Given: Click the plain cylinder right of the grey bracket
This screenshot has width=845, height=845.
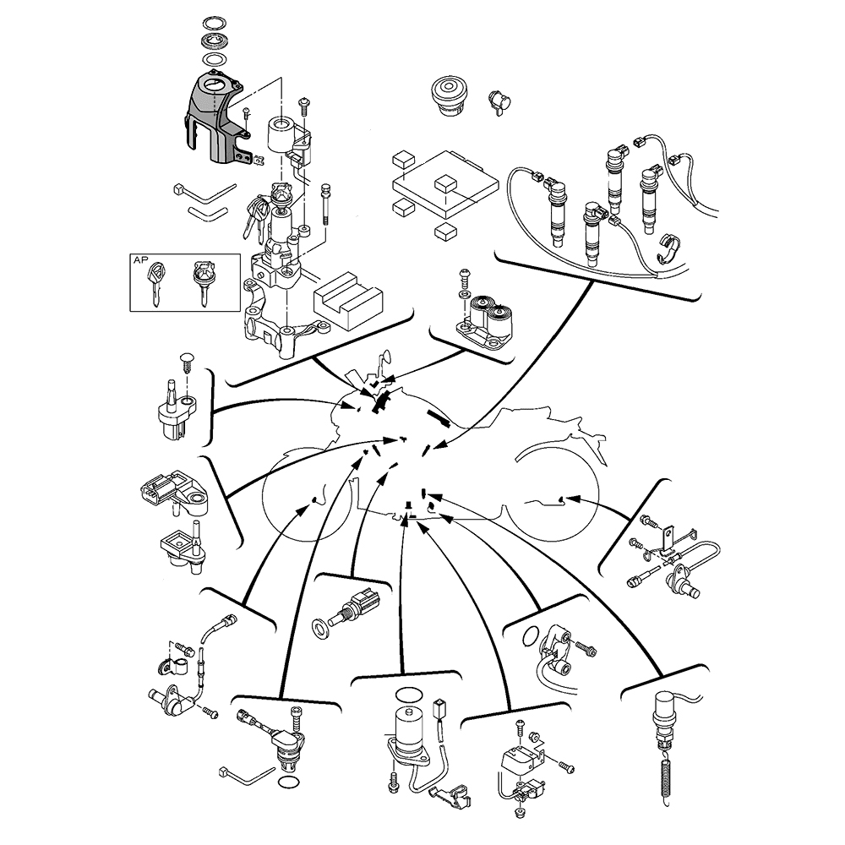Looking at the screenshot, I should (x=283, y=135).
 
